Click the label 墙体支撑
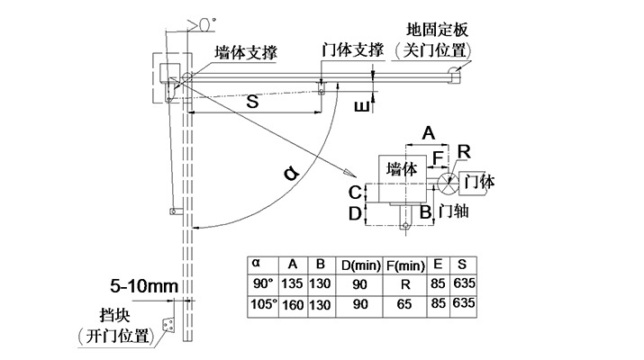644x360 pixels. point(245,52)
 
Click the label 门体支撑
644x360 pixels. point(352,49)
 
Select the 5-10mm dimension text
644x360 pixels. point(145,286)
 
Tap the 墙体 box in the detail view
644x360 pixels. point(401,168)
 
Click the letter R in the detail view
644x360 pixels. point(463,150)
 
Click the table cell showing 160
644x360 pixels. point(293,305)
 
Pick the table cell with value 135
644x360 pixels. point(293,284)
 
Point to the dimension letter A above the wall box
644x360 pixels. point(429,132)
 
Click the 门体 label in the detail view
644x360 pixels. point(477,181)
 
